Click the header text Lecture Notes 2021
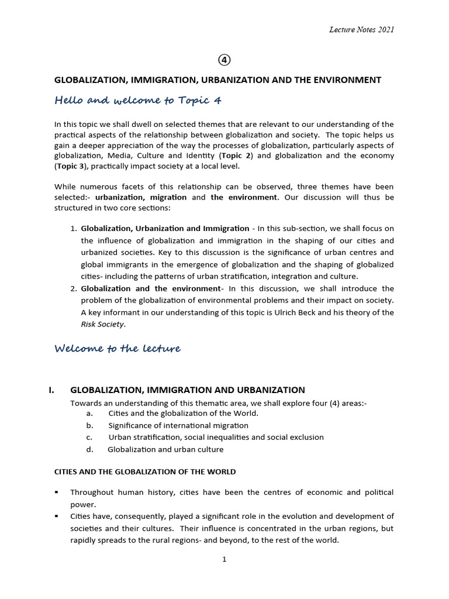tap(361, 30)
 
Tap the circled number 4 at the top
tap(224, 60)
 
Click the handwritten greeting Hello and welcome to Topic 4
tap(138, 101)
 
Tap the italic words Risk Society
tap(102, 324)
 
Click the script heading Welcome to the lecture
tap(118, 349)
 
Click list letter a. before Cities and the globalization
tap(89, 414)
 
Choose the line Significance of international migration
tap(178, 425)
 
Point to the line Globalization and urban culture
tap(165, 449)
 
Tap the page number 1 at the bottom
tap(224, 559)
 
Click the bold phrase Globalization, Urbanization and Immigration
tap(165, 229)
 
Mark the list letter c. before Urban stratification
tap(89, 437)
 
